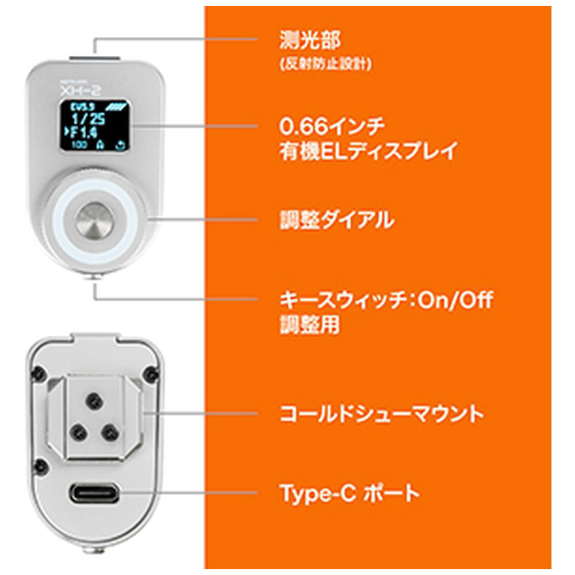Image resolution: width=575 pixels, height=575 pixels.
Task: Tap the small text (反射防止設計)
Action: pos(325,64)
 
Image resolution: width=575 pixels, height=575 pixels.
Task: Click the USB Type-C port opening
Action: pos(95,493)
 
